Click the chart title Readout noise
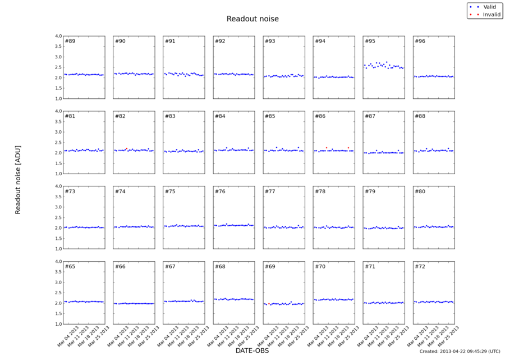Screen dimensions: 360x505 (252, 19)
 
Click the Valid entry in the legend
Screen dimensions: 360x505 (489, 6)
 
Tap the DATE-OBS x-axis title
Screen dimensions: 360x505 (252, 351)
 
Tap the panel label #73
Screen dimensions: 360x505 (70, 192)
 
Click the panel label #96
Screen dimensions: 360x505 (420, 41)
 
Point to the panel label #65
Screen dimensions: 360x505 (70, 266)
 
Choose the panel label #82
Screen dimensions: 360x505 (120, 116)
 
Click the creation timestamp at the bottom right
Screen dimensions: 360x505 (460, 352)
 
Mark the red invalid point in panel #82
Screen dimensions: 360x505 (127, 149)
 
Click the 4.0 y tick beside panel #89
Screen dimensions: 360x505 (58, 36)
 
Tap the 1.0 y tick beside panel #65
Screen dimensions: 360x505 (58, 324)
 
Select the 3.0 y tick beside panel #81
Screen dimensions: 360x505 (58, 132)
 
